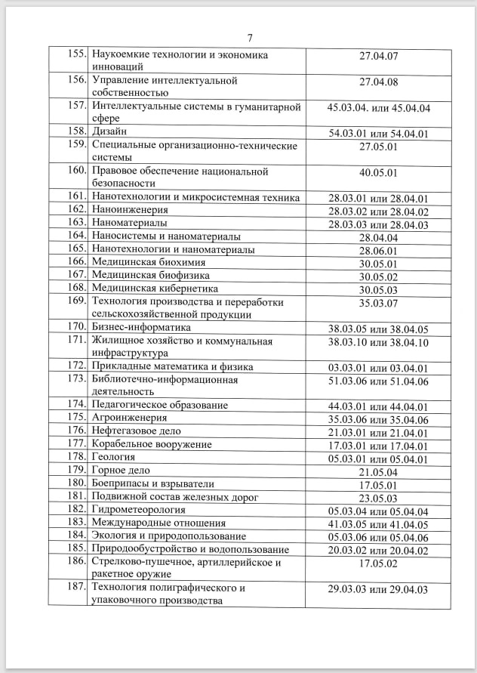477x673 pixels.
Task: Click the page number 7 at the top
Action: click(250, 39)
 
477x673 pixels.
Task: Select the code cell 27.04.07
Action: click(378, 56)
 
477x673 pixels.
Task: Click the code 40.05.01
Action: click(378, 172)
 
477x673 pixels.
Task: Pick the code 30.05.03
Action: click(378, 289)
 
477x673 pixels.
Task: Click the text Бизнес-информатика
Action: click(141, 328)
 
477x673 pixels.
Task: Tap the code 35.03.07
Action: click(378, 302)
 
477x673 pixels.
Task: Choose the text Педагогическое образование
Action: click(159, 406)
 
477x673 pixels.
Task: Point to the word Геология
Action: click(113, 457)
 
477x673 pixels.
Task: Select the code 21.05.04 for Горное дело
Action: click(378, 471)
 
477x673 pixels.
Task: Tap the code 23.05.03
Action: click(378, 497)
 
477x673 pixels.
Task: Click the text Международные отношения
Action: click(158, 523)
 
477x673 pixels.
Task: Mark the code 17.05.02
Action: click(378, 563)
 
